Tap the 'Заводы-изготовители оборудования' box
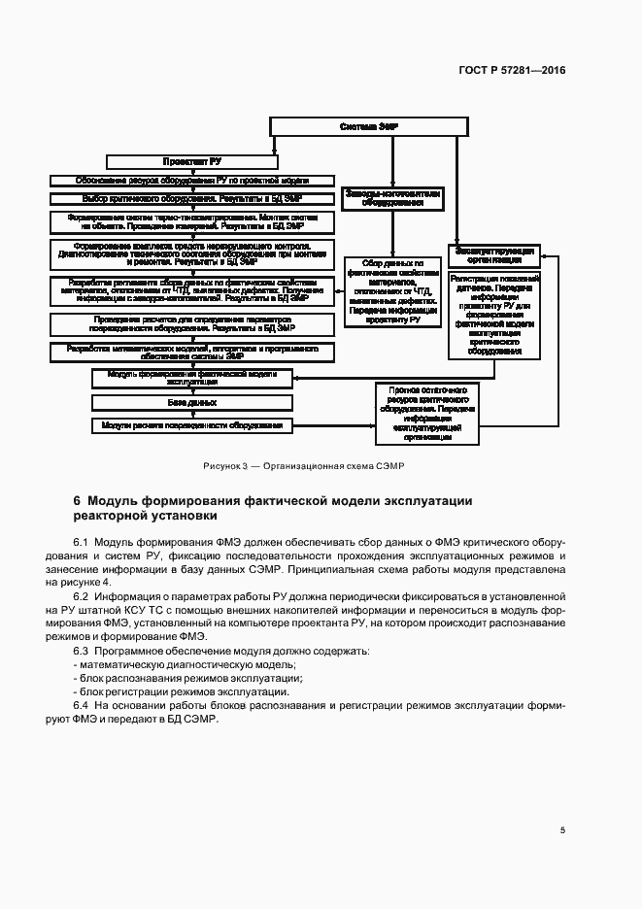tap(392, 198)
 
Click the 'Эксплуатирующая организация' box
tap(494, 254)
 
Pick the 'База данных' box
tap(190, 401)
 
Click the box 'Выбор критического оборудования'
tap(190, 198)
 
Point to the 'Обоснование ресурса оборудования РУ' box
tap(190, 181)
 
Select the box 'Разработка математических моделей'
tap(190, 351)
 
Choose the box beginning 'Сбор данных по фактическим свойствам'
tap(392, 292)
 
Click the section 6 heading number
tap(77, 501)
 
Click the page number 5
tap(562, 829)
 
